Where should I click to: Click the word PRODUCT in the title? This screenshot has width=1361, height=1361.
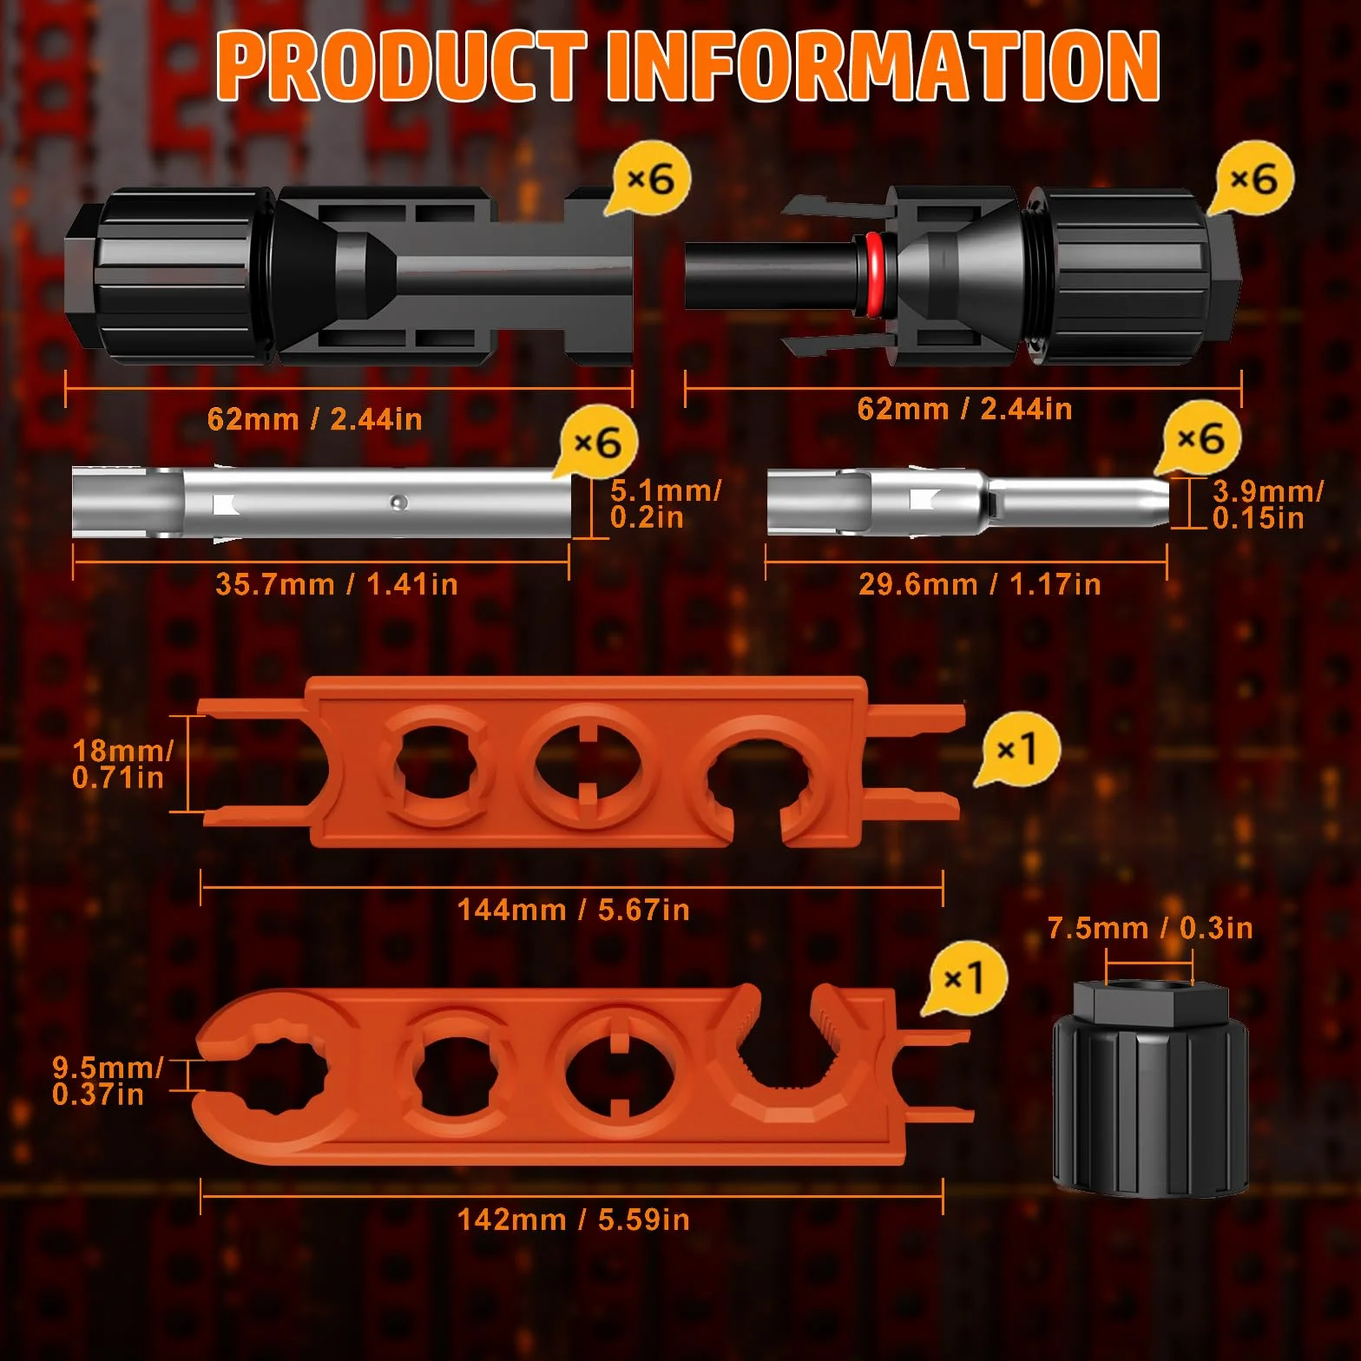coord(402,66)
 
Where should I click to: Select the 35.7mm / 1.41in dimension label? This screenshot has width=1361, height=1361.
coord(337,584)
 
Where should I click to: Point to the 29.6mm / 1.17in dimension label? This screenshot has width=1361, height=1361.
coord(980,584)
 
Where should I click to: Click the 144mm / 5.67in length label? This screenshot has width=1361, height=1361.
coord(574,910)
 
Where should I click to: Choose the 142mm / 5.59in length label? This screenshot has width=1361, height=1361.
coord(574,1220)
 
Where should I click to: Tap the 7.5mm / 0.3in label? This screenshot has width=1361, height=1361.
coord(1150,928)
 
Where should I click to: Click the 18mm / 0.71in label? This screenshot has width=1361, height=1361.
coord(122,764)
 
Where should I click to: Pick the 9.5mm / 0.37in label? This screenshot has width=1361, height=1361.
coord(108,1081)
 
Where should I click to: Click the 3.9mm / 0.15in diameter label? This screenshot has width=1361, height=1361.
coord(1268,503)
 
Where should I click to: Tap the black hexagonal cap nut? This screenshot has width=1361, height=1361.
coord(1151,1088)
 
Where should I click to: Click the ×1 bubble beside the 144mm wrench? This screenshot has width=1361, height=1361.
coord(1017,750)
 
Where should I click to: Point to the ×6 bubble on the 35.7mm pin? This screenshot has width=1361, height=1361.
coord(597,443)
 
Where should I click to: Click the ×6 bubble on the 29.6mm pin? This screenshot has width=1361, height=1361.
coord(1201,438)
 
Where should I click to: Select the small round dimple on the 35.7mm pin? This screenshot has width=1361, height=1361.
coord(398,502)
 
